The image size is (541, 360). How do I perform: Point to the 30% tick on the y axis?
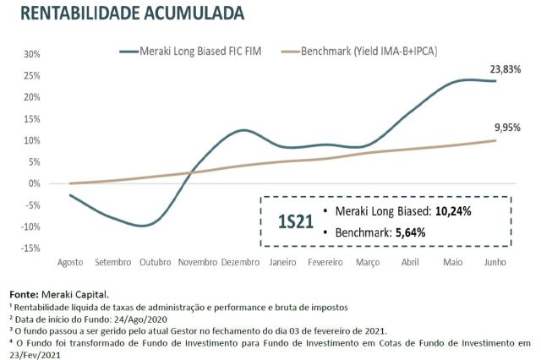[30, 53]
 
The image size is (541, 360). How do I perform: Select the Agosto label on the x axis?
[70, 263]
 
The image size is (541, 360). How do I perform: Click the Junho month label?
[495, 263]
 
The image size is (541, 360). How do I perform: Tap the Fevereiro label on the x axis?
[325, 263]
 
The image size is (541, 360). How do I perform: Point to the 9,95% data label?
[506, 128]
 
